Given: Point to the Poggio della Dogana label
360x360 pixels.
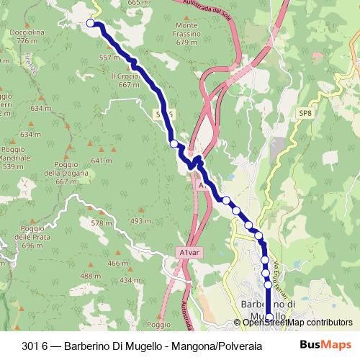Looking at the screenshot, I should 60,177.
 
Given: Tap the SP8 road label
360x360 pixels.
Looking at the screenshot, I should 306,113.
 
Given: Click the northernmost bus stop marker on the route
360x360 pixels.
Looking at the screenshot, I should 91,24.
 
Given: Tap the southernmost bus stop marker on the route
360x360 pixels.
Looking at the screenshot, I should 270,317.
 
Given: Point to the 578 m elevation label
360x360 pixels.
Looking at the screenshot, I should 102,224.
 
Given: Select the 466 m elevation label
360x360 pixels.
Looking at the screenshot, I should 118,264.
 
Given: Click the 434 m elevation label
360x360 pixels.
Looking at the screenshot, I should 130,279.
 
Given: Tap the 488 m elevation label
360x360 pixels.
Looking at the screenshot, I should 90,276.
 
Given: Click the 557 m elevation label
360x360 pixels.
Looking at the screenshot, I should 109,58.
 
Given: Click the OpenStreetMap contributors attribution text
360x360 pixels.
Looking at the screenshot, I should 297,323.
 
